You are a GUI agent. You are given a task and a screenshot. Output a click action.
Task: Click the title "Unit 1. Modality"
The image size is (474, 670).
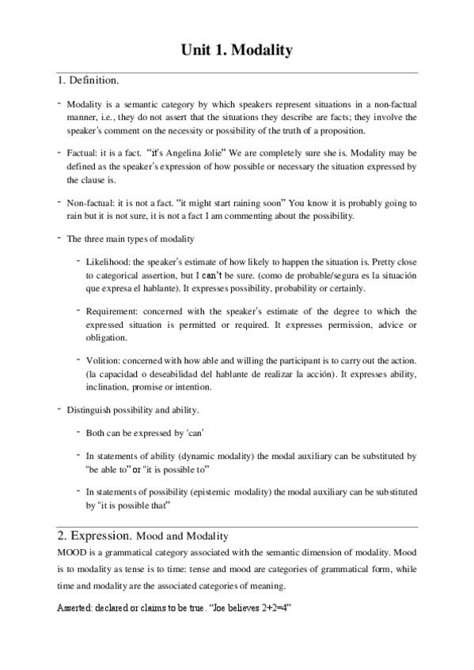[237, 51]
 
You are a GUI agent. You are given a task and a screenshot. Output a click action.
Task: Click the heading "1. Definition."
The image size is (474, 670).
[88, 81]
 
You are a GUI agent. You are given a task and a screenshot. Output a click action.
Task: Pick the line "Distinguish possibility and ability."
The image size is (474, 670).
[133, 410]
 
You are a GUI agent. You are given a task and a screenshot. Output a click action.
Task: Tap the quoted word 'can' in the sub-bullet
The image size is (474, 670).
[195, 433]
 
